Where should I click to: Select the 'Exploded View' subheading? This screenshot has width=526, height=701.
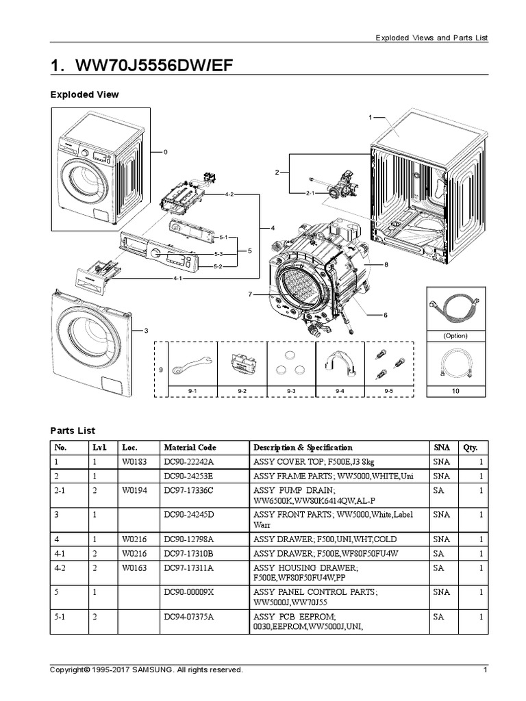[x=84, y=94]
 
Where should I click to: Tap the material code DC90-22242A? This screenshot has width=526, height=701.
[x=188, y=463]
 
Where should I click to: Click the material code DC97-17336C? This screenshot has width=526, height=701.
[x=188, y=491]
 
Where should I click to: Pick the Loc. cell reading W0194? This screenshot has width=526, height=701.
[x=136, y=491]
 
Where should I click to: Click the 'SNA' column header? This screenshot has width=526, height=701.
[x=441, y=447]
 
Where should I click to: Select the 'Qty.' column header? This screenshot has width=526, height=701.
[x=470, y=447]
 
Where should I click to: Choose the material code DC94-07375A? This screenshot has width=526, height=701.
[x=188, y=617]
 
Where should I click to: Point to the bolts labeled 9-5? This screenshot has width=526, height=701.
[x=388, y=364]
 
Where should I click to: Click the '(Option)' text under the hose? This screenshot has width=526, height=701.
[x=455, y=336]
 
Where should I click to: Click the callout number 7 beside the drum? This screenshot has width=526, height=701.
[x=251, y=294]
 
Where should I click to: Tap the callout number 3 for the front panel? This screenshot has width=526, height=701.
[x=145, y=331]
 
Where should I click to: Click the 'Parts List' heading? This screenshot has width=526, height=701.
[x=73, y=431]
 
